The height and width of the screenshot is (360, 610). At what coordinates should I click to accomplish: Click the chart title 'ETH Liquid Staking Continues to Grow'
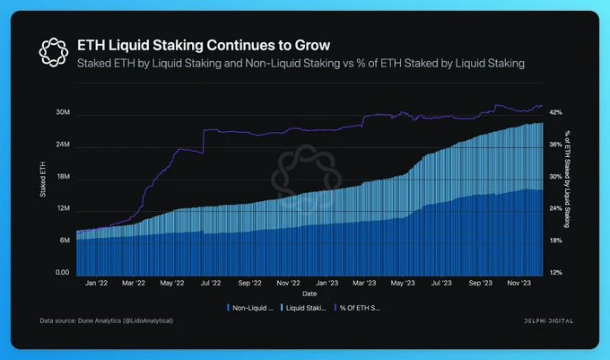click(205, 44)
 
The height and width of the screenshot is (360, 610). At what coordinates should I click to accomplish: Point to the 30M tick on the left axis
click(63, 114)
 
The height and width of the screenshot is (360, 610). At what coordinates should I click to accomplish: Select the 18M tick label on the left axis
click(63, 178)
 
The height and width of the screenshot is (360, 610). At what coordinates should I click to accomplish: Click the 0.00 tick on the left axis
click(63, 272)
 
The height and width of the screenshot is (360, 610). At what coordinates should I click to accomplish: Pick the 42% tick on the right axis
click(556, 112)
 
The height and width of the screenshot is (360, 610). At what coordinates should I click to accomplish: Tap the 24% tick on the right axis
click(556, 208)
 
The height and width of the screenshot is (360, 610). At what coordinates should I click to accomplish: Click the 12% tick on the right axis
click(556, 272)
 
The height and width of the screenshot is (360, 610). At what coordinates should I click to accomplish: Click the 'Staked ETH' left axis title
click(44, 192)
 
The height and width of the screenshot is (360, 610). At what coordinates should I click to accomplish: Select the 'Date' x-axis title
click(309, 294)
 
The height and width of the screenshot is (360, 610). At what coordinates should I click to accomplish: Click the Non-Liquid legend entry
click(248, 307)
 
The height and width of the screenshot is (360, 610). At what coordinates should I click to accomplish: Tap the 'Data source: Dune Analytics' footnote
click(107, 320)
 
